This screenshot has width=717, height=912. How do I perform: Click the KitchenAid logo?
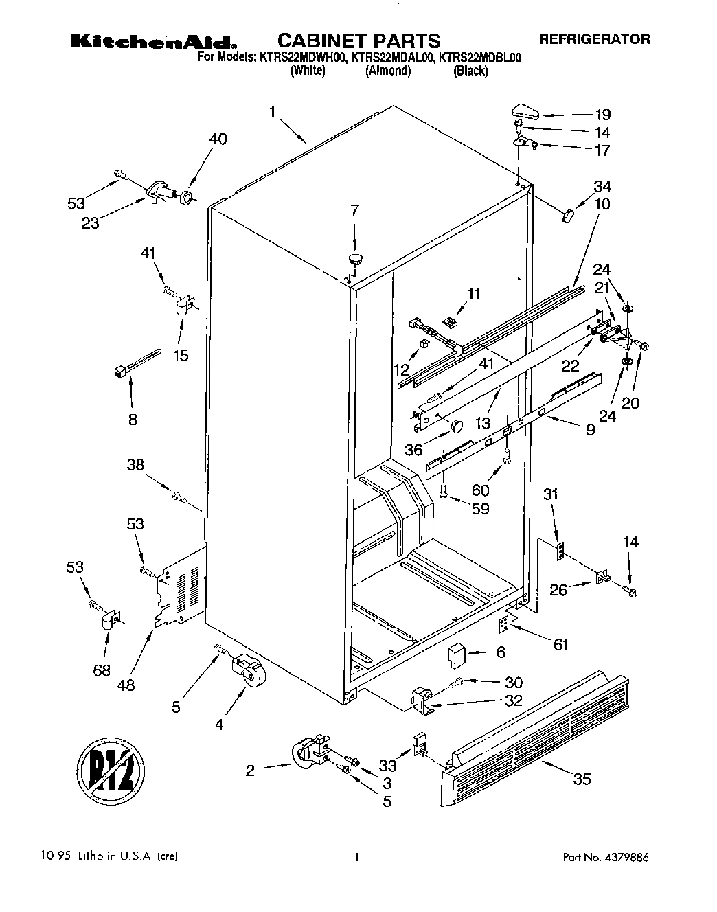point(155,42)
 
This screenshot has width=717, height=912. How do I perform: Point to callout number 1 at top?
point(273,113)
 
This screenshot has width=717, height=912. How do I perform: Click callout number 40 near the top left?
point(217,139)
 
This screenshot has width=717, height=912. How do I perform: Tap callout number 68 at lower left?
point(102,670)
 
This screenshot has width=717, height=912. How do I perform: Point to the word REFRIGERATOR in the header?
point(593,39)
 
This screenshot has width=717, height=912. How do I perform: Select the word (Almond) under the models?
point(388,71)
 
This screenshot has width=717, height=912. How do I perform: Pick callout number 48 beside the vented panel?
point(126,684)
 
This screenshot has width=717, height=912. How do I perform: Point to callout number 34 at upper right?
point(602,186)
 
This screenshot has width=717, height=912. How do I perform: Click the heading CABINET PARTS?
point(358,41)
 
